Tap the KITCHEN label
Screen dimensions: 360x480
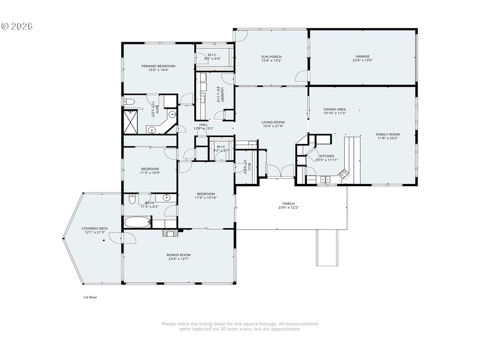click(x=326, y=157)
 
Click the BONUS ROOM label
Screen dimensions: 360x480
click(x=178, y=257)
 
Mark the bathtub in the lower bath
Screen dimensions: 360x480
click(x=135, y=222)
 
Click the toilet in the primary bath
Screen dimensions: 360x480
click(x=129, y=102)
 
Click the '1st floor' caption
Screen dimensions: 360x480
click(x=90, y=297)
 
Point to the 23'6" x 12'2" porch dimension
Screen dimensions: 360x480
click(x=289, y=207)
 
